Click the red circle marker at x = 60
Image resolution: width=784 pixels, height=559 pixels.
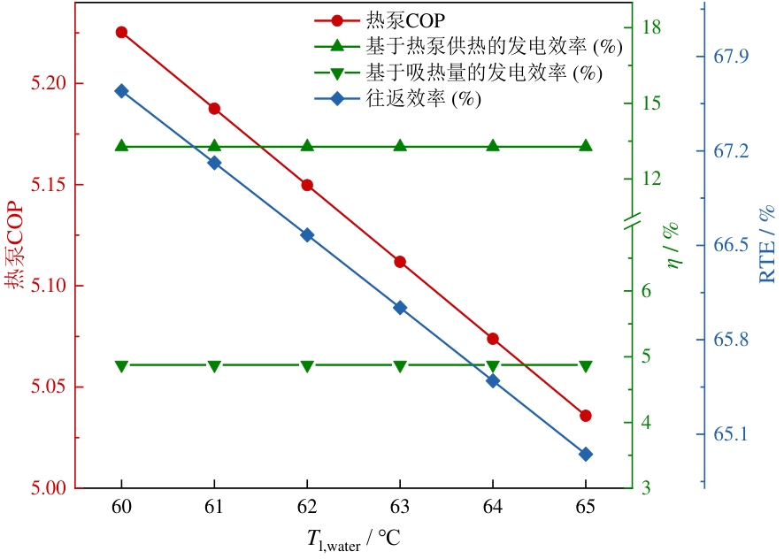point(121,32)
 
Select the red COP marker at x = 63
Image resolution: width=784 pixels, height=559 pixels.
point(400,262)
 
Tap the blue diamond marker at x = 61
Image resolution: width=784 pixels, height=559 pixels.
point(214,163)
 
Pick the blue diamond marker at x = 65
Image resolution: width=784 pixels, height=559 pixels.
point(586,454)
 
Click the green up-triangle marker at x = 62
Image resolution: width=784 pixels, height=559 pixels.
point(307,146)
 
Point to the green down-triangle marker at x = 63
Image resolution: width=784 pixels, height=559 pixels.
point(400,365)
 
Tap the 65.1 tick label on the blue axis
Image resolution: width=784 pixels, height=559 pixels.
point(731,434)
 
